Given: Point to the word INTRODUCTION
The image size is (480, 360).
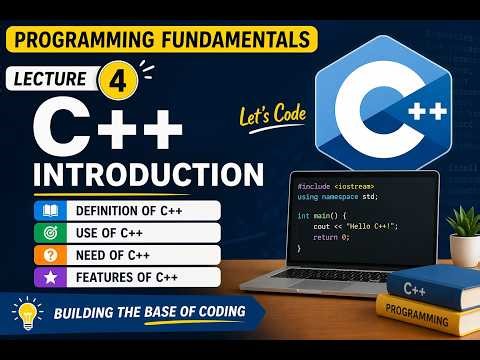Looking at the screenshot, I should [x=148, y=172].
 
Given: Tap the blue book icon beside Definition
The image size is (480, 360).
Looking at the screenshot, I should [x=47, y=210].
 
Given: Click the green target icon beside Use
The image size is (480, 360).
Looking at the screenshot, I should [x=47, y=233].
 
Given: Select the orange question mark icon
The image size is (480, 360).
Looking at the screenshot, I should [x=47, y=255].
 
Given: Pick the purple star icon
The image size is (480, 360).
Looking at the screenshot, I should [x=47, y=277].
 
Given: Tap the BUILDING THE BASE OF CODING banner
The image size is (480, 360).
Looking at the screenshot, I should [x=150, y=314].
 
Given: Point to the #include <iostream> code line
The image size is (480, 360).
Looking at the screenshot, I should [x=336, y=186].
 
